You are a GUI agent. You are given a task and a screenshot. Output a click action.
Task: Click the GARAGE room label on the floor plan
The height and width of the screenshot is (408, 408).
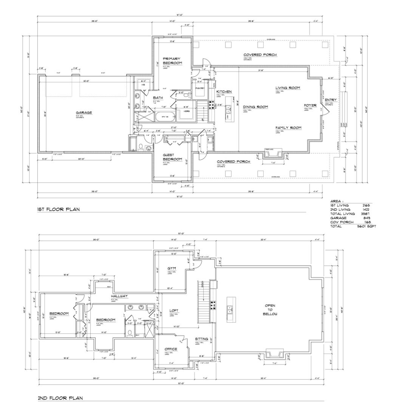coord(84,113)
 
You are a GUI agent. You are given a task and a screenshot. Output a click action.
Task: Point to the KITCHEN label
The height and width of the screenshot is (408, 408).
coord(224,92)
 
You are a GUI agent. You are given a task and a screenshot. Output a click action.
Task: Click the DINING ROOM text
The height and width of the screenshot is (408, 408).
coord(255,107)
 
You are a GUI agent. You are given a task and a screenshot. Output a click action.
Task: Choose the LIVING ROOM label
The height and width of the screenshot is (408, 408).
coord(287,88)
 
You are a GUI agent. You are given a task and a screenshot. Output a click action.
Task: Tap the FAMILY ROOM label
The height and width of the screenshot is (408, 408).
coord(288,128)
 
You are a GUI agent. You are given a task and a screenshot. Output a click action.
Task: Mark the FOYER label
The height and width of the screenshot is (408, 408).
coord(310,105)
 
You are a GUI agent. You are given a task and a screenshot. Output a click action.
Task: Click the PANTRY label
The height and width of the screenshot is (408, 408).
coord(200,88)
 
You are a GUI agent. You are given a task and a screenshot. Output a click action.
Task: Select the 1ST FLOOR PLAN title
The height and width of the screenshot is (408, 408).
coord(58,209)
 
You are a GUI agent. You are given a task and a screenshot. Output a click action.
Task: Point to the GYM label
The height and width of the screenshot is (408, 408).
coord(172,268)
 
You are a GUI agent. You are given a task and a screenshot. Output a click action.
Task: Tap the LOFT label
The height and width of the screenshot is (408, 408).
coord(174,311)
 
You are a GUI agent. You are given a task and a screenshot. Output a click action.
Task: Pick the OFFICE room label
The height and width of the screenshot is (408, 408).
coord(171,349)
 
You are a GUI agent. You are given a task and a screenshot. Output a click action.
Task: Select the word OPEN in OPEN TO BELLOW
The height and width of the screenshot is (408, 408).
coord(270,305)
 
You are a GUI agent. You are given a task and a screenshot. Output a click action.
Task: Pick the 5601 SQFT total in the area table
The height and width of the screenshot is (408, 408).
coord(366,226)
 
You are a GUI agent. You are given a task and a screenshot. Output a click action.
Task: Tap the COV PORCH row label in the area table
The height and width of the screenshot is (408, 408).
coord(342,222)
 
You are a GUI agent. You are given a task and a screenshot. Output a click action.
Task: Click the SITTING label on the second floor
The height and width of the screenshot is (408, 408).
coord(202,339)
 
